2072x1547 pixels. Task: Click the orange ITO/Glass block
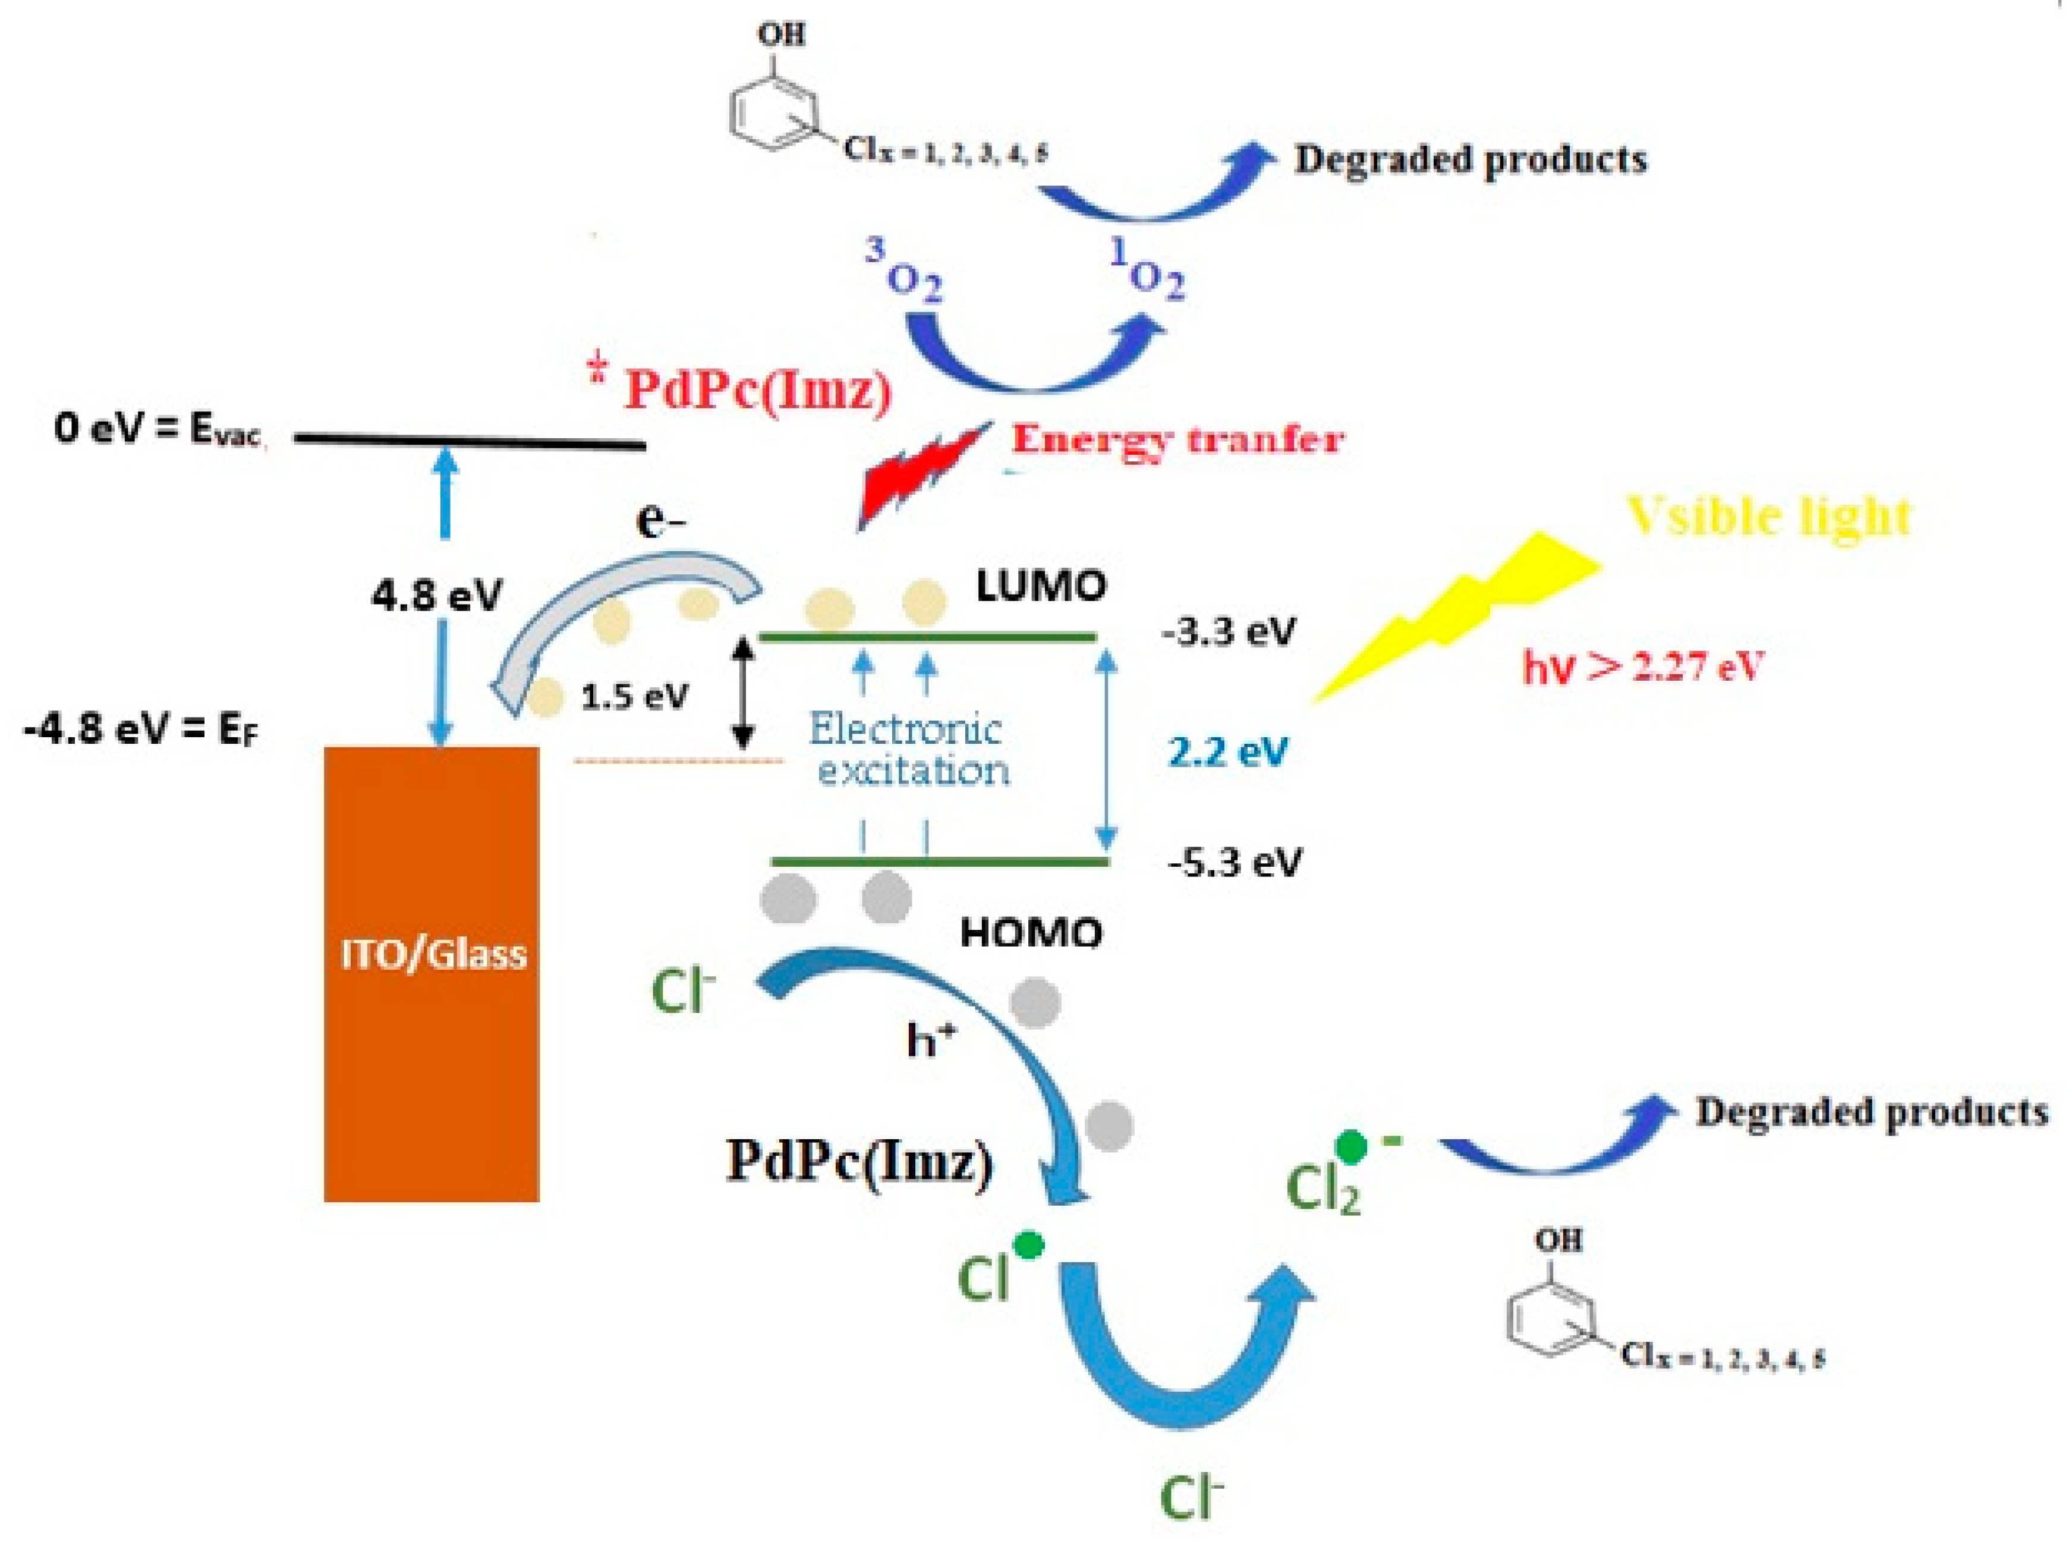coord(431,974)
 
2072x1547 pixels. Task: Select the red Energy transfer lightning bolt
coord(922,477)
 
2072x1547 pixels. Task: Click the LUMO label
coord(1040,587)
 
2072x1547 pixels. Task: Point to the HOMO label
coord(1031,933)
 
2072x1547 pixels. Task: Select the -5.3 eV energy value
coord(1233,861)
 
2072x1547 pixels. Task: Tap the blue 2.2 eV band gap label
coord(1227,751)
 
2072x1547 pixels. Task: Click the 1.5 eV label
coord(634,697)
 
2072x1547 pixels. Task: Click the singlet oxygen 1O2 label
coord(1147,270)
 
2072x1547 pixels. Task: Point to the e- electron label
coord(660,521)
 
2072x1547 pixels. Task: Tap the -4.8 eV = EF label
coord(140,728)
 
